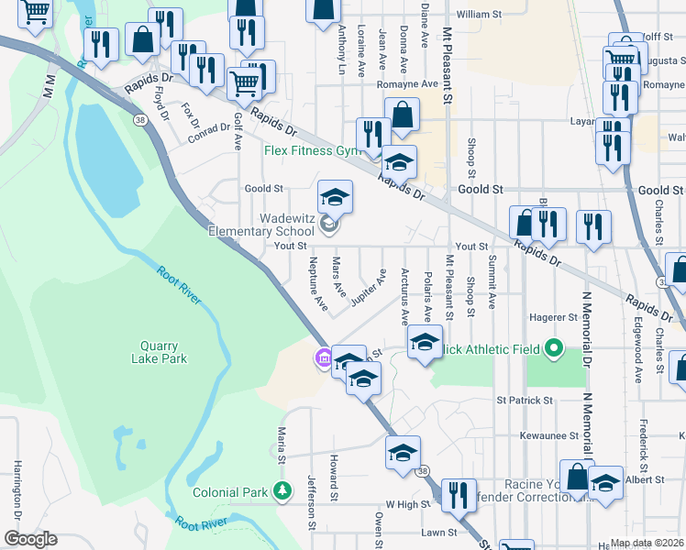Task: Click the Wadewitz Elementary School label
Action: tap(261, 225)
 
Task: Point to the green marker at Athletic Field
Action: tap(553, 348)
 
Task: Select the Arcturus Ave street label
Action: tap(405, 296)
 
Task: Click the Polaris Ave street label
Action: tap(427, 295)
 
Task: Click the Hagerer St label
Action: tap(559, 317)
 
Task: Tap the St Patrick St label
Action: tap(525, 401)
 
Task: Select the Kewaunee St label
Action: tap(548, 436)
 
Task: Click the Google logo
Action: tap(30, 539)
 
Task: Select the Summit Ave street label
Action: tap(492, 281)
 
